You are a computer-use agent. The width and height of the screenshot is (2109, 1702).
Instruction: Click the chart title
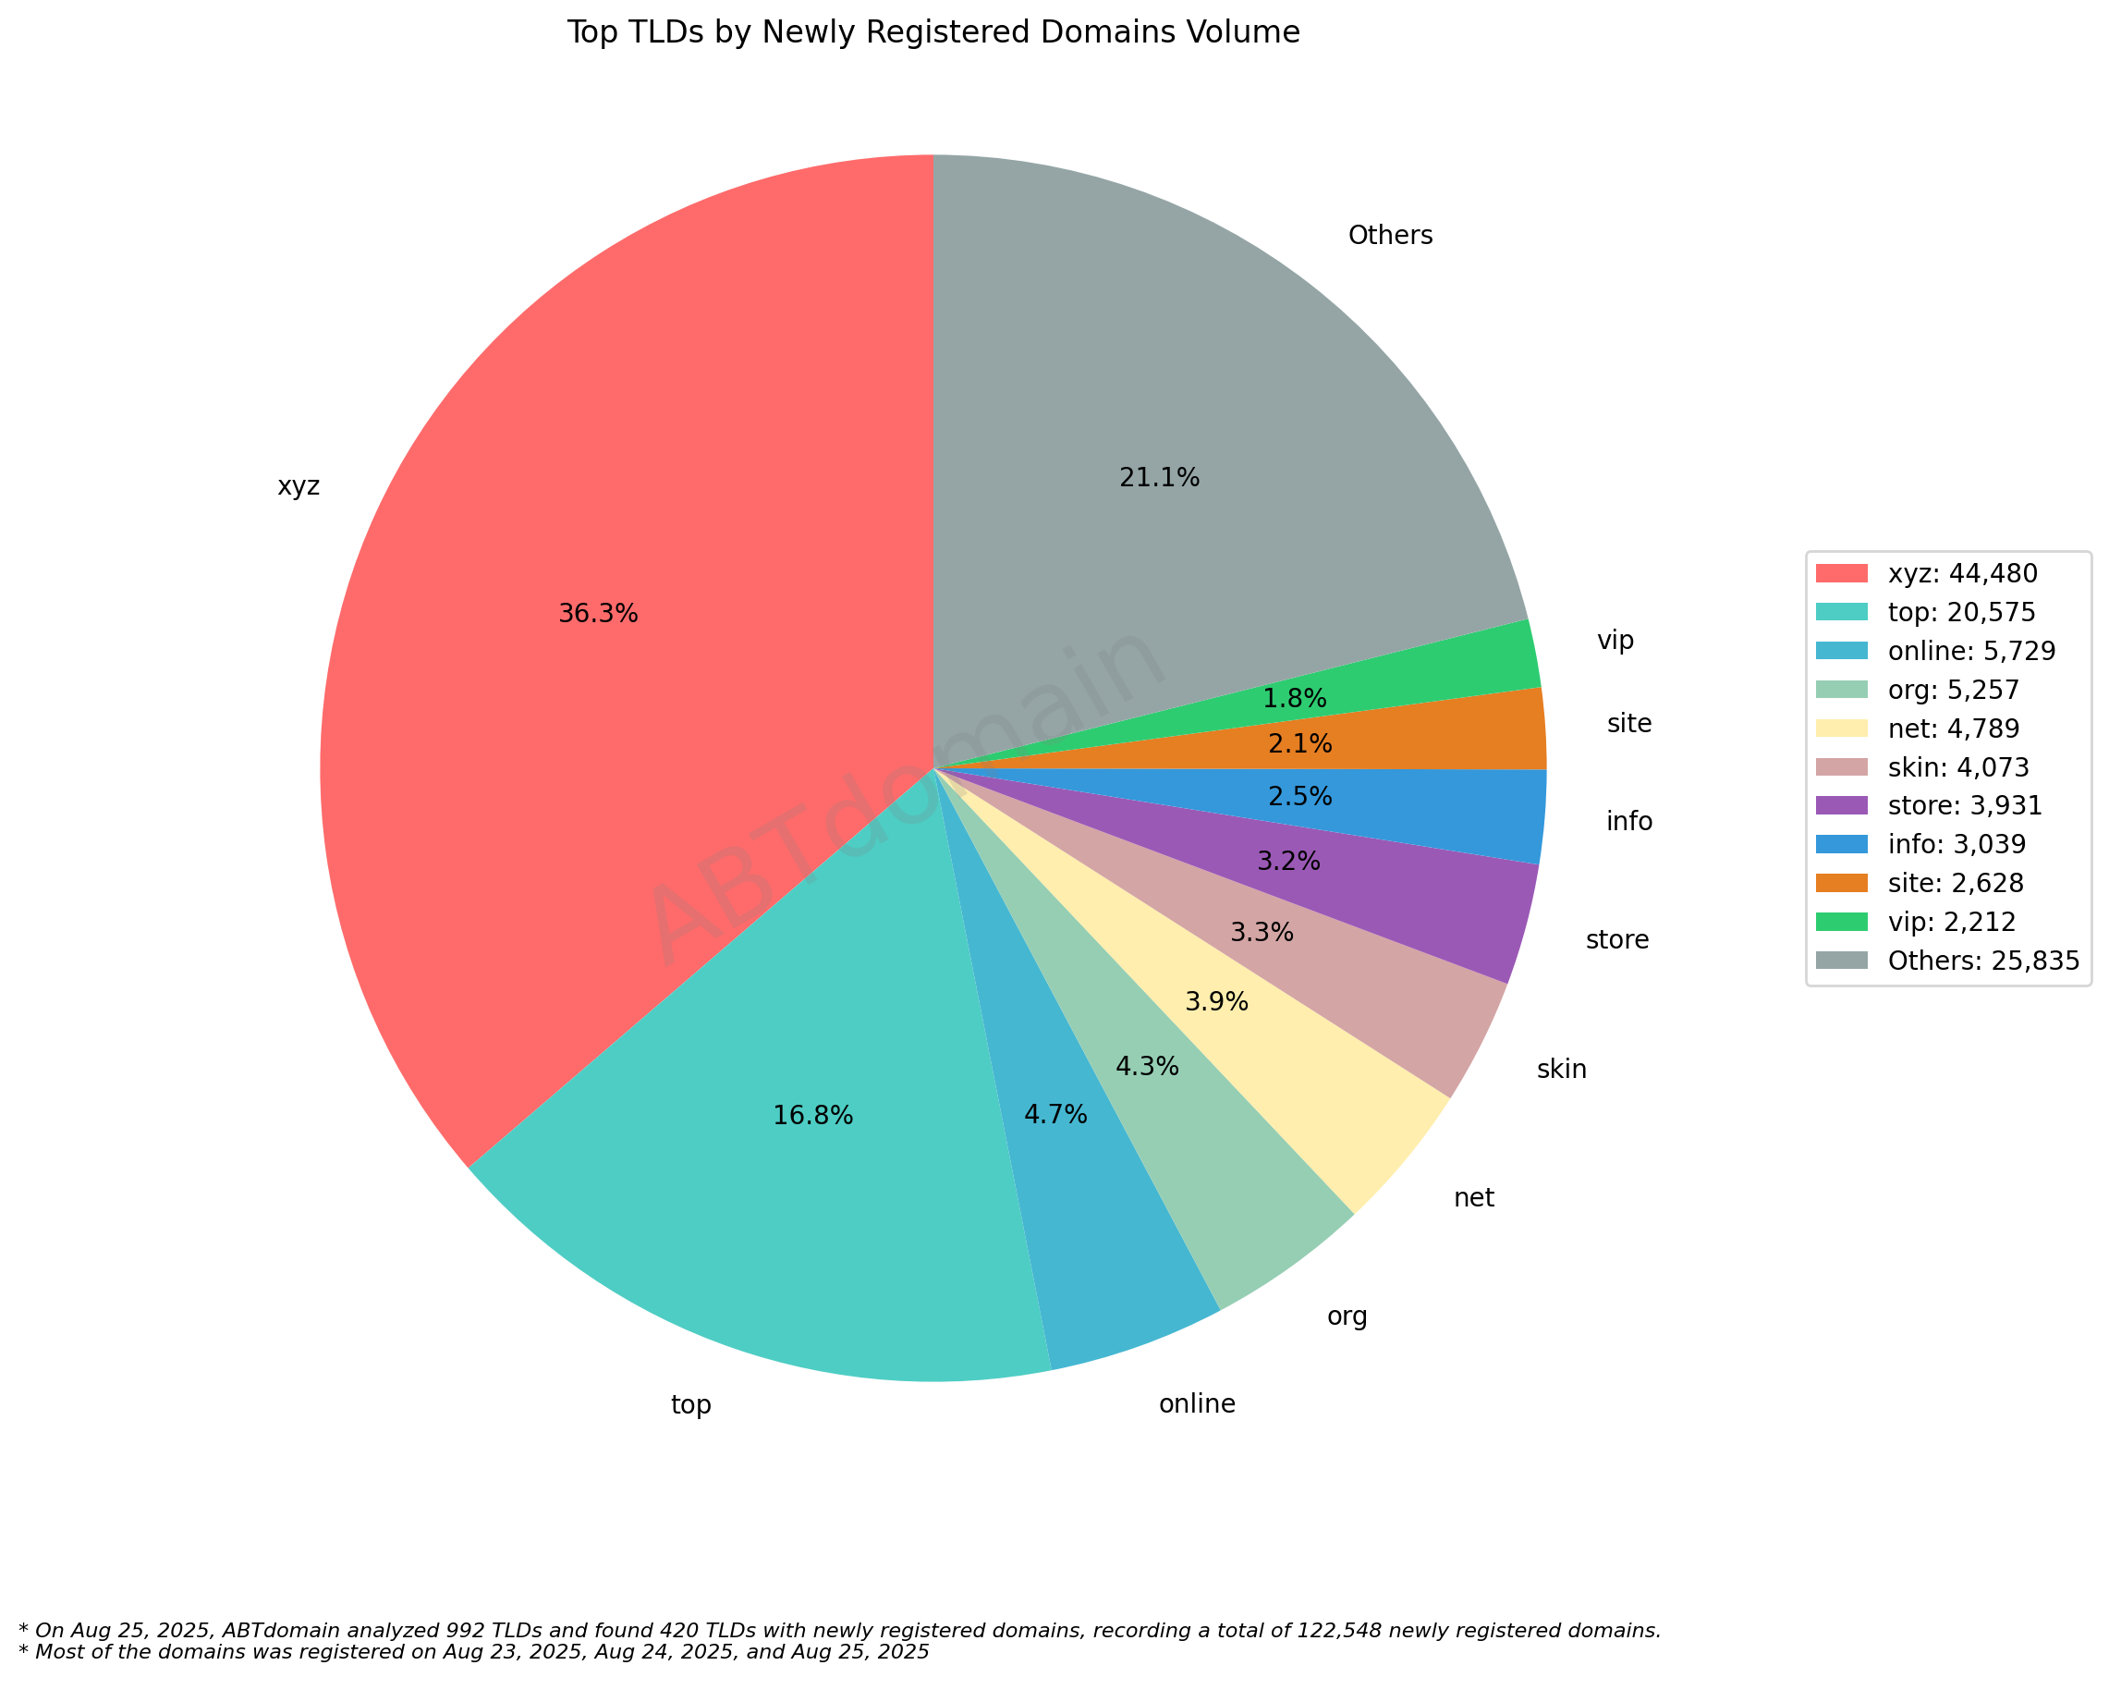click(x=933, y=33)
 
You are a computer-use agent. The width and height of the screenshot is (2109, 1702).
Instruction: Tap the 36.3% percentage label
click(x=598, y=614)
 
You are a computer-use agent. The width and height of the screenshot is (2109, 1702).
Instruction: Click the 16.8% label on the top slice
click(x=812, y=1116)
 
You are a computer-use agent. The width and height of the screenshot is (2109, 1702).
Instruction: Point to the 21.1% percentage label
click(x=1159, y=477)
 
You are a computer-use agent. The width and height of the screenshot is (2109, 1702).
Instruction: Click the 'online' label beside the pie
click(x=1197, y=1404)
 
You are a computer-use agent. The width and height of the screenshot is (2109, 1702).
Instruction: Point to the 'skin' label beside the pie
click(x=1561, y=1069)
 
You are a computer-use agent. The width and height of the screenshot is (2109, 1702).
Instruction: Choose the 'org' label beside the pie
click(x=1347, y=1316)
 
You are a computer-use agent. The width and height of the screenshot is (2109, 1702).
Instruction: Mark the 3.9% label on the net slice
click(x=1216, y=1002)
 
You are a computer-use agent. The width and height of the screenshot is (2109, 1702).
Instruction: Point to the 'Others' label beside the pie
click(x=1390, y=236)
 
